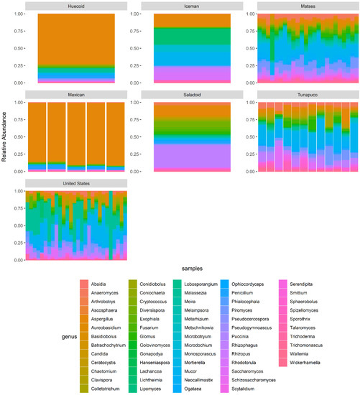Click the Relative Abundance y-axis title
click(6, 137)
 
